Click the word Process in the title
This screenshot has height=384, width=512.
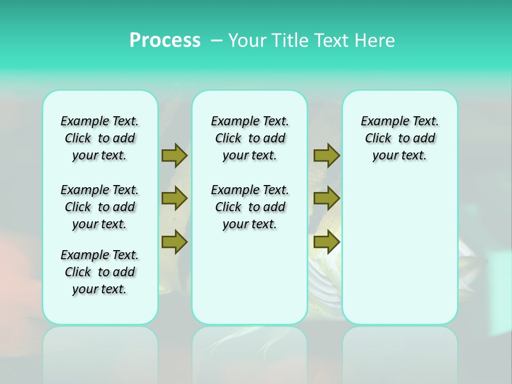pos(165,41)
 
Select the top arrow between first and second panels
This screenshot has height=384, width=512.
pos(174,155)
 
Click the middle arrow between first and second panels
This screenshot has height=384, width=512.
pos(174,198)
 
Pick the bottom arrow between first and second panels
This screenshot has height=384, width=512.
pos(174,242)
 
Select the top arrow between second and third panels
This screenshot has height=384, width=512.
pos(326,155)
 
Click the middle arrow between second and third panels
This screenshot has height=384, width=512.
pos(326,198)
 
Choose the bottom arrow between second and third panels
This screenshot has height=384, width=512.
pos(326,242)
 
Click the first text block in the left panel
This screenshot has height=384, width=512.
pos(100,138)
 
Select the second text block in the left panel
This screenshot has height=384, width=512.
pos(100,207)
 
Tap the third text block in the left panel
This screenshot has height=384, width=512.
pos(100,272)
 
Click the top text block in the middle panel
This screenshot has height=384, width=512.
pos(250,138)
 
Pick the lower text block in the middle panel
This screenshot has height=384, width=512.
pos(250,207)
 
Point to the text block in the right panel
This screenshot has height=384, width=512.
pos(399,138)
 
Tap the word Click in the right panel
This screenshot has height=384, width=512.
pos(378,139)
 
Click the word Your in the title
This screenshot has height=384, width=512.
pos(247,41)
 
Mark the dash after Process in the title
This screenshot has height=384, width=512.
pos(217,41)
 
